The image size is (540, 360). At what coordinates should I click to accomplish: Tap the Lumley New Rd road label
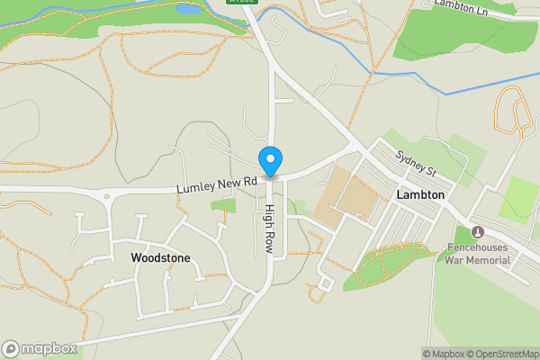tap(217, 184)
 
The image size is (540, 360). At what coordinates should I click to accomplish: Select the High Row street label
tap(269, 228)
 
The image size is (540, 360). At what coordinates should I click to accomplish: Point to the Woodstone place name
tap(160, 257)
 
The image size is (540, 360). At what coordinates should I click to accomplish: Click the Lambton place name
tap(420, 194)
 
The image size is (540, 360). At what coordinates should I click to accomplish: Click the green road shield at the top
tap(243, 3)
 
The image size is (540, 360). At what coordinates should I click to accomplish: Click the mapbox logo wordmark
tap(49, 349)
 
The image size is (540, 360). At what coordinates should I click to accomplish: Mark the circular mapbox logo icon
tap(11, 349)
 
